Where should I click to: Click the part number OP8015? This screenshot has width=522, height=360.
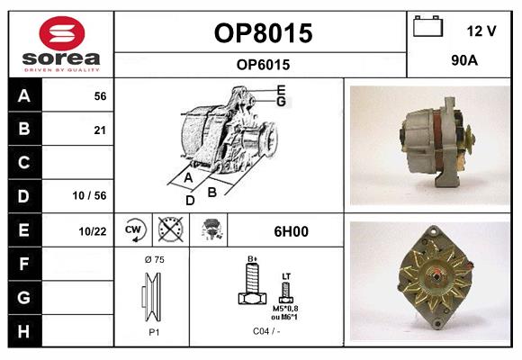pyautogui.click(x=263, y=33)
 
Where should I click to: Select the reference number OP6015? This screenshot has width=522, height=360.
pyautogui.click(x=263, y=64)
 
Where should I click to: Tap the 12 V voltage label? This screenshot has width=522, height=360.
pyautogui.click(x=481, y=31)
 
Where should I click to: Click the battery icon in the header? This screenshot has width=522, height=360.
pyautogui.click(x=427, y=28)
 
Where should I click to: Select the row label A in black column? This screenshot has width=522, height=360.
pyautogui.click(x=24, y=95)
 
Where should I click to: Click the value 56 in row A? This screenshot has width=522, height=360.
pyautogui.click(x=100, y=95)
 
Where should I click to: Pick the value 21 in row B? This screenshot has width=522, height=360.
pyautogui.click(x=100, y=130)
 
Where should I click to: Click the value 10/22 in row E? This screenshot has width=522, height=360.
pyautogui.click(x=93, y=231)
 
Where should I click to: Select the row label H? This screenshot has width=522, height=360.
pyautogui.click(x=24, y=330)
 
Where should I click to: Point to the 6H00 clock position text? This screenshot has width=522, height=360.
pyautogui.click(x=290, y=231)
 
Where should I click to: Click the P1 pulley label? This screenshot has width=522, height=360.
pyautogui.click(x=152, y=331)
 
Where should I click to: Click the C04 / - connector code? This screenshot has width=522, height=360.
pyautogui.click(x=265, y=331)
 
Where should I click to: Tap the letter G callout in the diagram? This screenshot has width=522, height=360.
pyautogui.click(x=282, y=102)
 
